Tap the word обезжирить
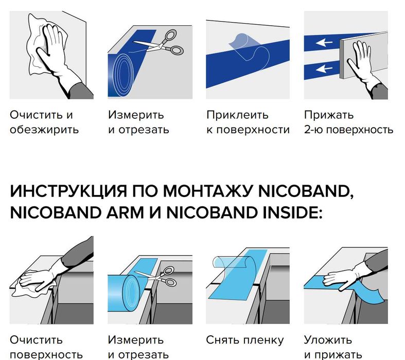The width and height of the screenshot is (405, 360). pyautogui.click(x=44, y=130)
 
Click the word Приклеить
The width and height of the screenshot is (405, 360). pyautogui.click(x=237, y=115)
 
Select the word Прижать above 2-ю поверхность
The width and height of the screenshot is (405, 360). pyautogui.click(x=328, y=115)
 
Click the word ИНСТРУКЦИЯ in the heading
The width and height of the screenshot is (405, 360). pyautogui.click(x=68, y=191)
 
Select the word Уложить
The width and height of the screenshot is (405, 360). pyautogui.click(x=328, y=340)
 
